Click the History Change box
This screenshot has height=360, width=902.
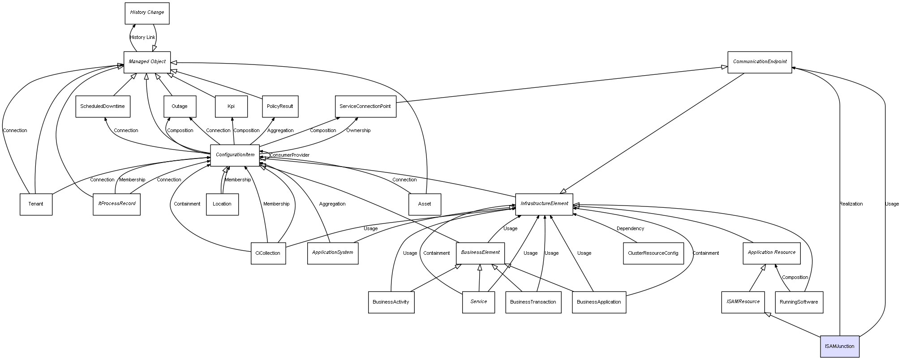coord(147,13)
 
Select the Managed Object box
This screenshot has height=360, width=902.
coord(147,62)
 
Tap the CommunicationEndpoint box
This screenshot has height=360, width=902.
coord(760,62)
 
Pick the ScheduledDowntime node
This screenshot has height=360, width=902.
coord(103,107)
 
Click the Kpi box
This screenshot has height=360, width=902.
coord(231,107)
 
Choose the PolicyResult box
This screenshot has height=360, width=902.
coord(280,107)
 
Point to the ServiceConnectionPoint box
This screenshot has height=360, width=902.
coord(365,107)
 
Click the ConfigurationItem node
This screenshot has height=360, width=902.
coord(235,155)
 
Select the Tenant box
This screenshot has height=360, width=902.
coord(36,204)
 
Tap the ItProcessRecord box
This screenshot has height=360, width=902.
coord(116,204)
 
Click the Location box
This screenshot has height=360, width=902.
coord(222,204)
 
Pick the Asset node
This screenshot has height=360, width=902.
coord(425,204)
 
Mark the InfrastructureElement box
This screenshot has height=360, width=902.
coord(544,204)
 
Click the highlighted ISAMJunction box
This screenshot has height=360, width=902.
coord(839,347)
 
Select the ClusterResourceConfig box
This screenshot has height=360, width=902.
coord(653,253)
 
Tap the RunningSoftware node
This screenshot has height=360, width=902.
coord(799,302)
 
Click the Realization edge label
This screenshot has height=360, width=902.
coord(851,204)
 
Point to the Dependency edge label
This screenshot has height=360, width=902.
coord(630,228)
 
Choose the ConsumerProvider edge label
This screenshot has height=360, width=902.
coord(289,155)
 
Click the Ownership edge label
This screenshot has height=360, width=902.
coord(358,130)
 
